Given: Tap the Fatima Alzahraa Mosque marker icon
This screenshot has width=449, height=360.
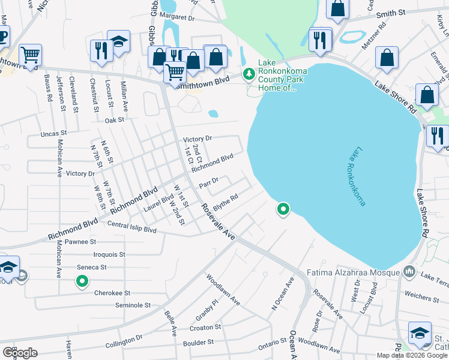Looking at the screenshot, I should [x=409, y=272].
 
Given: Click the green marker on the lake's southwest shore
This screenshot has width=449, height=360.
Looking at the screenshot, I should [x=283, y=209].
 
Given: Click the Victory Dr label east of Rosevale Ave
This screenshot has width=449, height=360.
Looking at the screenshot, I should [x=197, y=139].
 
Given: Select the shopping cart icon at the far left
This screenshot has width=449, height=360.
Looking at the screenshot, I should [x=30, y=55].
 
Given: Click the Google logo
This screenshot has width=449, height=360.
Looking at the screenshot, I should [x=20, y=353].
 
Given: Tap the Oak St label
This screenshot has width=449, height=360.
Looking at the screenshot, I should [x=114, y=120].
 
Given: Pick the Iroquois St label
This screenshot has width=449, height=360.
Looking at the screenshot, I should [x=105, y=254].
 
